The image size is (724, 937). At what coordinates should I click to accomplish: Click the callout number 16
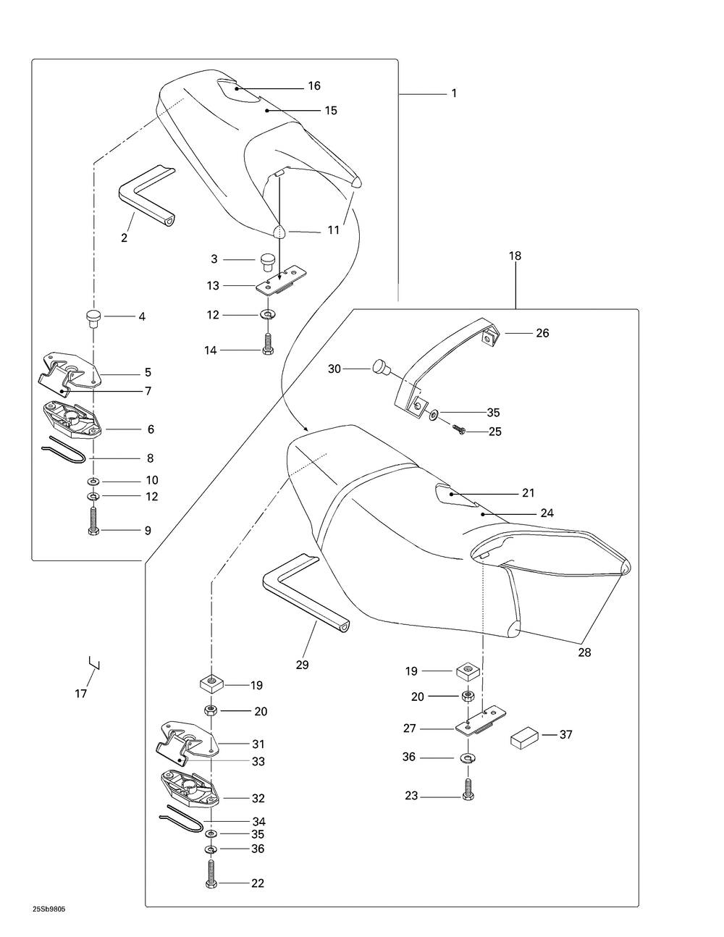(313, 86)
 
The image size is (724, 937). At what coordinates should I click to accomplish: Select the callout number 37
(565, 735)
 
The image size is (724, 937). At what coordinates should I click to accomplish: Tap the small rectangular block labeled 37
(526, 739)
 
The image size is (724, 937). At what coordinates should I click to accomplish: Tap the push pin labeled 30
(381, 368)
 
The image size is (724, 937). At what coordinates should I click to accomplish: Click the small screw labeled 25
(458, 430)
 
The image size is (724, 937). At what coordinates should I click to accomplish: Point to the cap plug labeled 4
(93, 317)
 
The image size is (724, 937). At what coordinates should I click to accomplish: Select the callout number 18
(515, 256)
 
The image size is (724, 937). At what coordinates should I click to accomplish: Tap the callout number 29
(302, 665)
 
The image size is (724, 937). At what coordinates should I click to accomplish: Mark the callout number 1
(454, 93)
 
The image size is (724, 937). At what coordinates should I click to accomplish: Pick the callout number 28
(584, 652)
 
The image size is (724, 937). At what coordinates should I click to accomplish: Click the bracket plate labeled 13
(279, 281)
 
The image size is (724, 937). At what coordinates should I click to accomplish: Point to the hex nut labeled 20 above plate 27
(468, 697)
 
